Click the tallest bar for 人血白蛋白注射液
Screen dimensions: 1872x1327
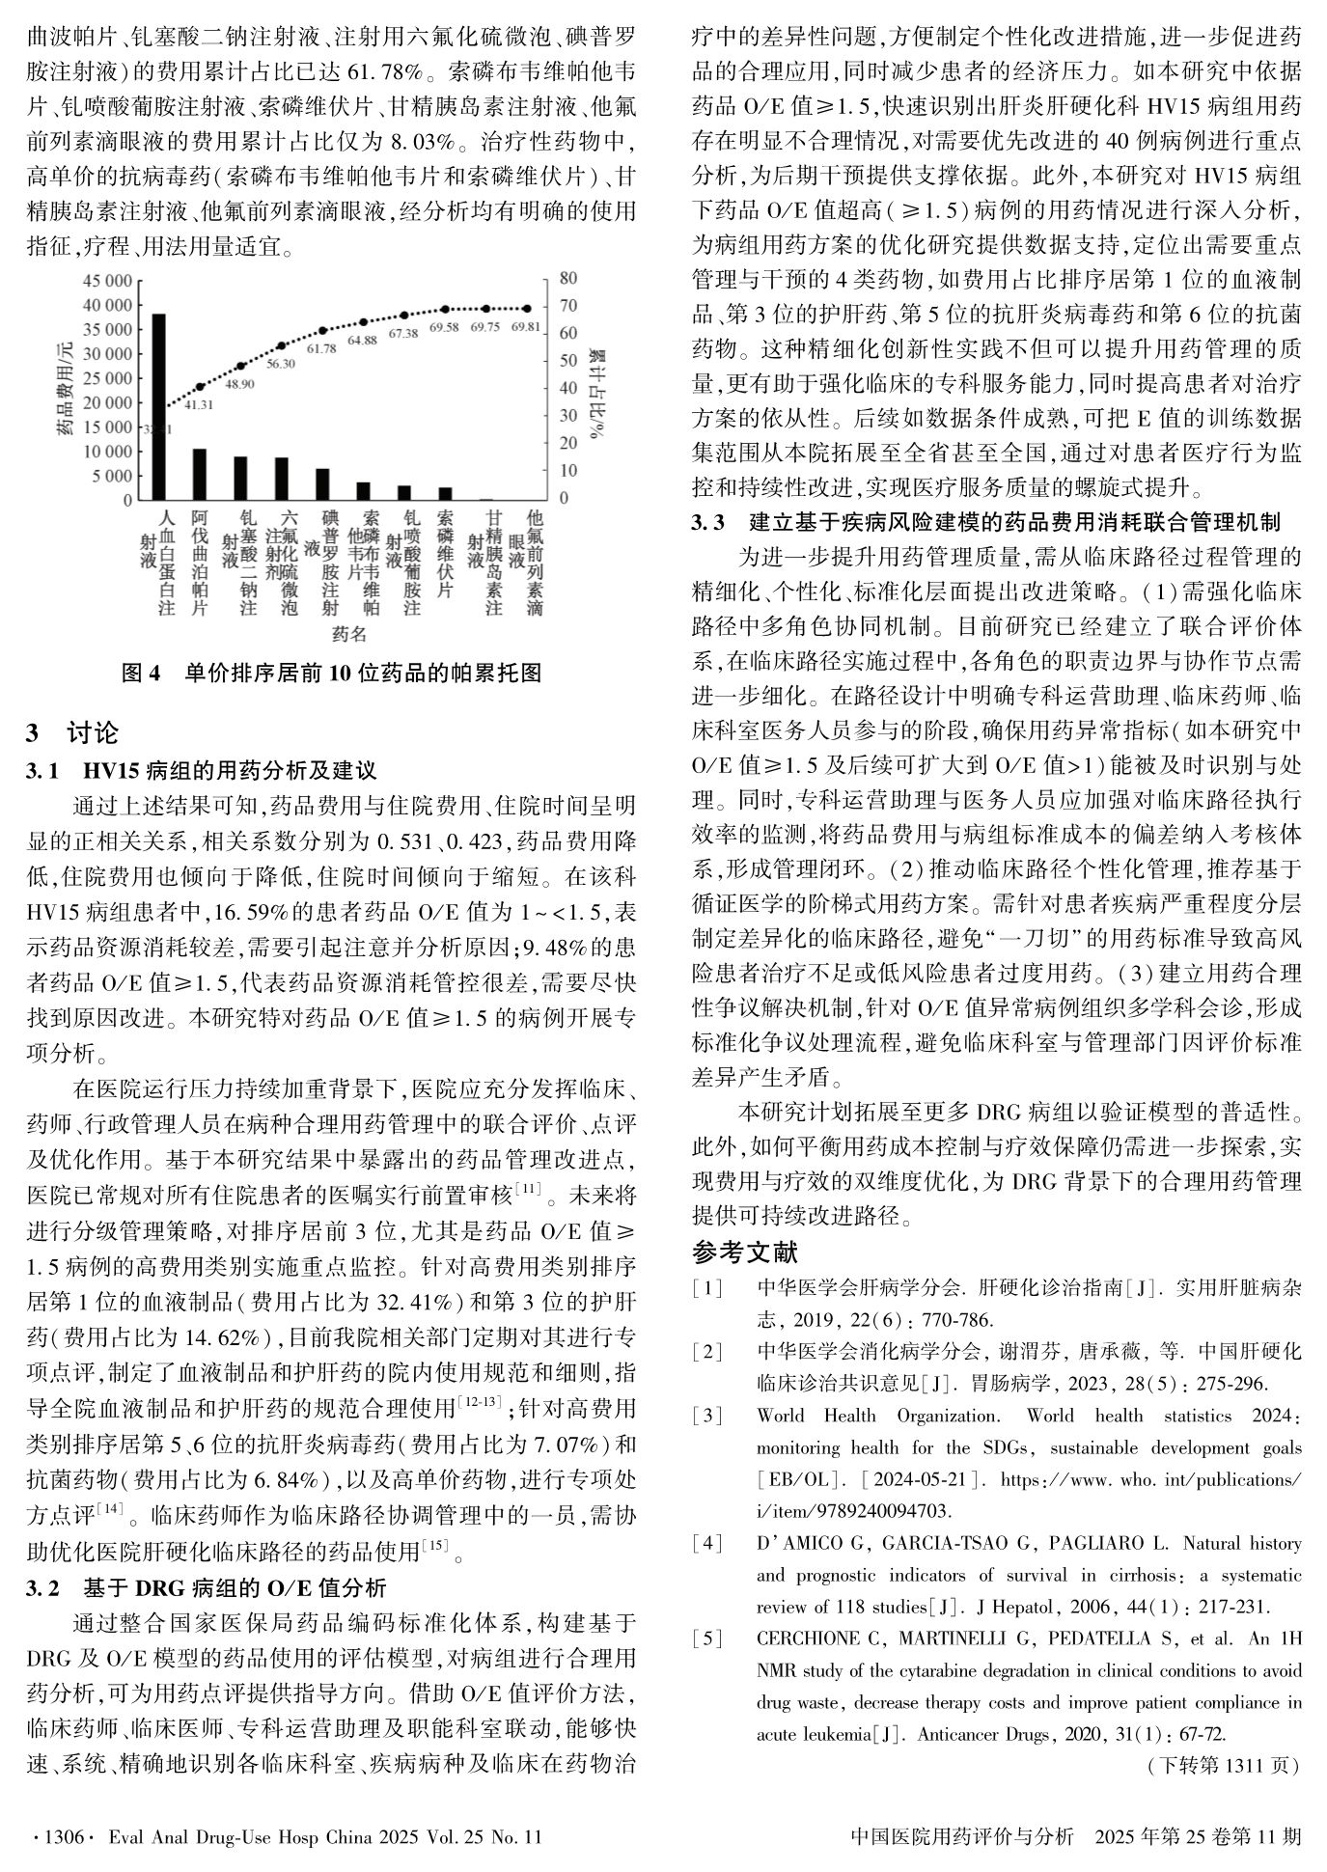158,406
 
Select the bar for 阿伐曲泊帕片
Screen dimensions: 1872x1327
200,474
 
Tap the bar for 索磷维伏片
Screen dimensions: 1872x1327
445,493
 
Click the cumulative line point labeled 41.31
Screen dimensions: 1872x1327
200,386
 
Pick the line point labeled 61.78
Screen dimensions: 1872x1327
322,330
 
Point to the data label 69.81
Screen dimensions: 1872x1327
526,326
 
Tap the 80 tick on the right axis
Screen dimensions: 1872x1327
567,278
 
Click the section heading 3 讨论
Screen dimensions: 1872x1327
72,732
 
